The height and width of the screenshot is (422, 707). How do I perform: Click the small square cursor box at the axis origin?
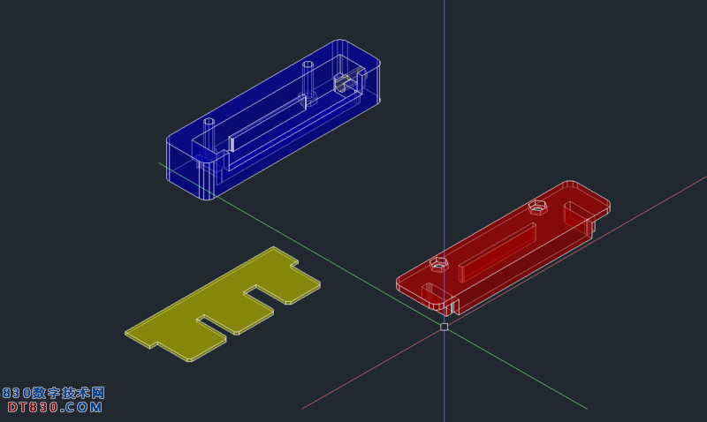445,327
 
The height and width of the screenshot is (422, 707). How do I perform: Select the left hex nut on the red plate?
438,264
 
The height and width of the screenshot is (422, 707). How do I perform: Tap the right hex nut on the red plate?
537,207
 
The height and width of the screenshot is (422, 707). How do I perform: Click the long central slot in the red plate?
498,252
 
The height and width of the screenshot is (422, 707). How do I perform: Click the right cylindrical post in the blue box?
308,81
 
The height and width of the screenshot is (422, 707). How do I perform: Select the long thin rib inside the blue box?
268,123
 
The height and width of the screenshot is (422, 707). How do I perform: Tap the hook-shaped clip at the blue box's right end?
349,81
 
